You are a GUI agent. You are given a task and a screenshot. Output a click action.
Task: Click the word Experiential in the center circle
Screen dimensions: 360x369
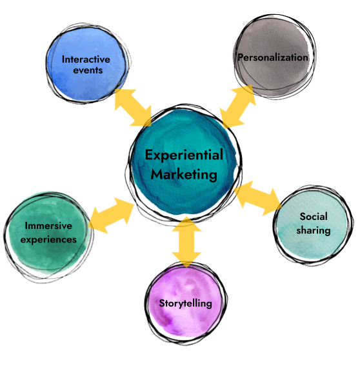click(184, 155)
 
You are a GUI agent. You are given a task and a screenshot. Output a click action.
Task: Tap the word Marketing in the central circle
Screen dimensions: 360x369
click(184, 175)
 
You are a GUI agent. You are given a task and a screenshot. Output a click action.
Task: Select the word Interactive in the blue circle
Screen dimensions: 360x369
click(86, 59)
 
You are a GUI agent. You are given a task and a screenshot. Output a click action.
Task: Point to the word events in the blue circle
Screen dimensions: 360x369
click(88, 70)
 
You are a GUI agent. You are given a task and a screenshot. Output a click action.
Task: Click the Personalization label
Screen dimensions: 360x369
click(273, 57)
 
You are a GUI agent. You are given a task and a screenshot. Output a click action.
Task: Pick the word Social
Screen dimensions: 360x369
click(314, 216)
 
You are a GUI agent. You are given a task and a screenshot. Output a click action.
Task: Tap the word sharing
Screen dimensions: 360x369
click(314, 230)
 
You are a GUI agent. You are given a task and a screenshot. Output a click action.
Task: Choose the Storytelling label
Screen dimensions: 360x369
click(185, 303)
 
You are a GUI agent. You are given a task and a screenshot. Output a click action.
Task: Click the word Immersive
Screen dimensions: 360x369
click(48, 226)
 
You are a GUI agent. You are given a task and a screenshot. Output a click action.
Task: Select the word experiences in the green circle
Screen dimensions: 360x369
click(48, 239)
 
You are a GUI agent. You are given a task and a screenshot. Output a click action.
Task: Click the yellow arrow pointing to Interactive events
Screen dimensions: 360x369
click(133, 108)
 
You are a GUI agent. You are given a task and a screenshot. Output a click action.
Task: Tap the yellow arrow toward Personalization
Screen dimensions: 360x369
click(237, 106)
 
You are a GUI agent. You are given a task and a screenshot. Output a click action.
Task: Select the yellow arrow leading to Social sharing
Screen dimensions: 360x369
click(258, 198)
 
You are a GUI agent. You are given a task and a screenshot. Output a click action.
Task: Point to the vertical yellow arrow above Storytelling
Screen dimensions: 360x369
click(186, 242)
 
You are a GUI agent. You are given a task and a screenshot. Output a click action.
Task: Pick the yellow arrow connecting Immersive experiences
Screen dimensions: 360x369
click(111, 215)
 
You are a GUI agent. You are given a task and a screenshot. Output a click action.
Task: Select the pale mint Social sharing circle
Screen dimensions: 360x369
click(313, 224)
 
